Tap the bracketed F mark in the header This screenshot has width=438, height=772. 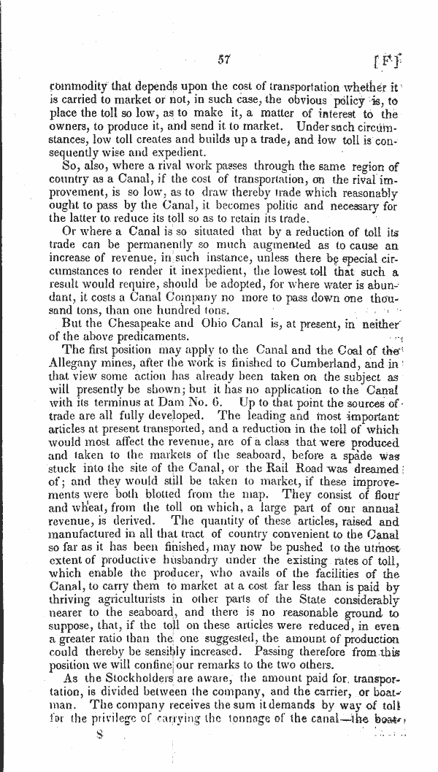[x=385, y=58]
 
